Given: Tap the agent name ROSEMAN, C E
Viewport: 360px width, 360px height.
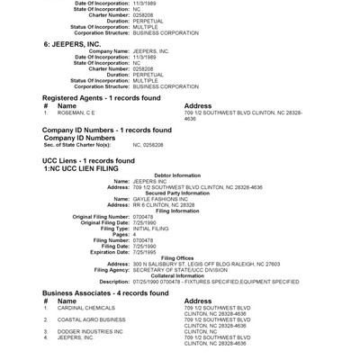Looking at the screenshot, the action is point(76,112).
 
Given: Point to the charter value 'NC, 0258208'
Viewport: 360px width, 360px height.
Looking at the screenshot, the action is point(149,144).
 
